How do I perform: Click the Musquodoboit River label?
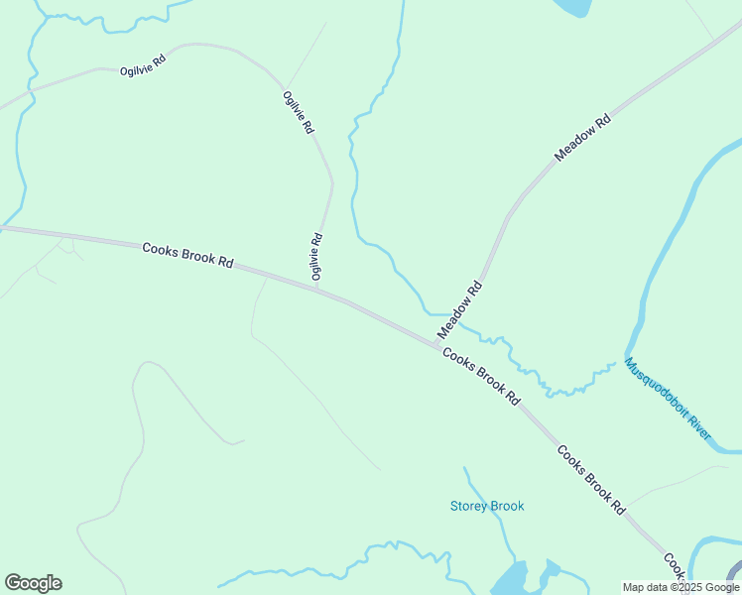[669, 399]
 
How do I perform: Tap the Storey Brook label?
[487, 506]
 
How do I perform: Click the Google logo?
[33, 583]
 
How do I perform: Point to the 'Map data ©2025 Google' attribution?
[680, 587]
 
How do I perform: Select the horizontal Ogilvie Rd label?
[143, 65]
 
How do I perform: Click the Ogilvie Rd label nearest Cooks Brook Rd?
[316, 256]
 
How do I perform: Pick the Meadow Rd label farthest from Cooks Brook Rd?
[582, 139]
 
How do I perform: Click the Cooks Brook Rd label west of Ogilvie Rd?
[187, 255]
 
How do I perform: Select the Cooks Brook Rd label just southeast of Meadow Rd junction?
[481, 376]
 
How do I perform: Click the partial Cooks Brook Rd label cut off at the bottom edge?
[675, 567]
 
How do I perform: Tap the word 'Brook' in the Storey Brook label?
[506, 506]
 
